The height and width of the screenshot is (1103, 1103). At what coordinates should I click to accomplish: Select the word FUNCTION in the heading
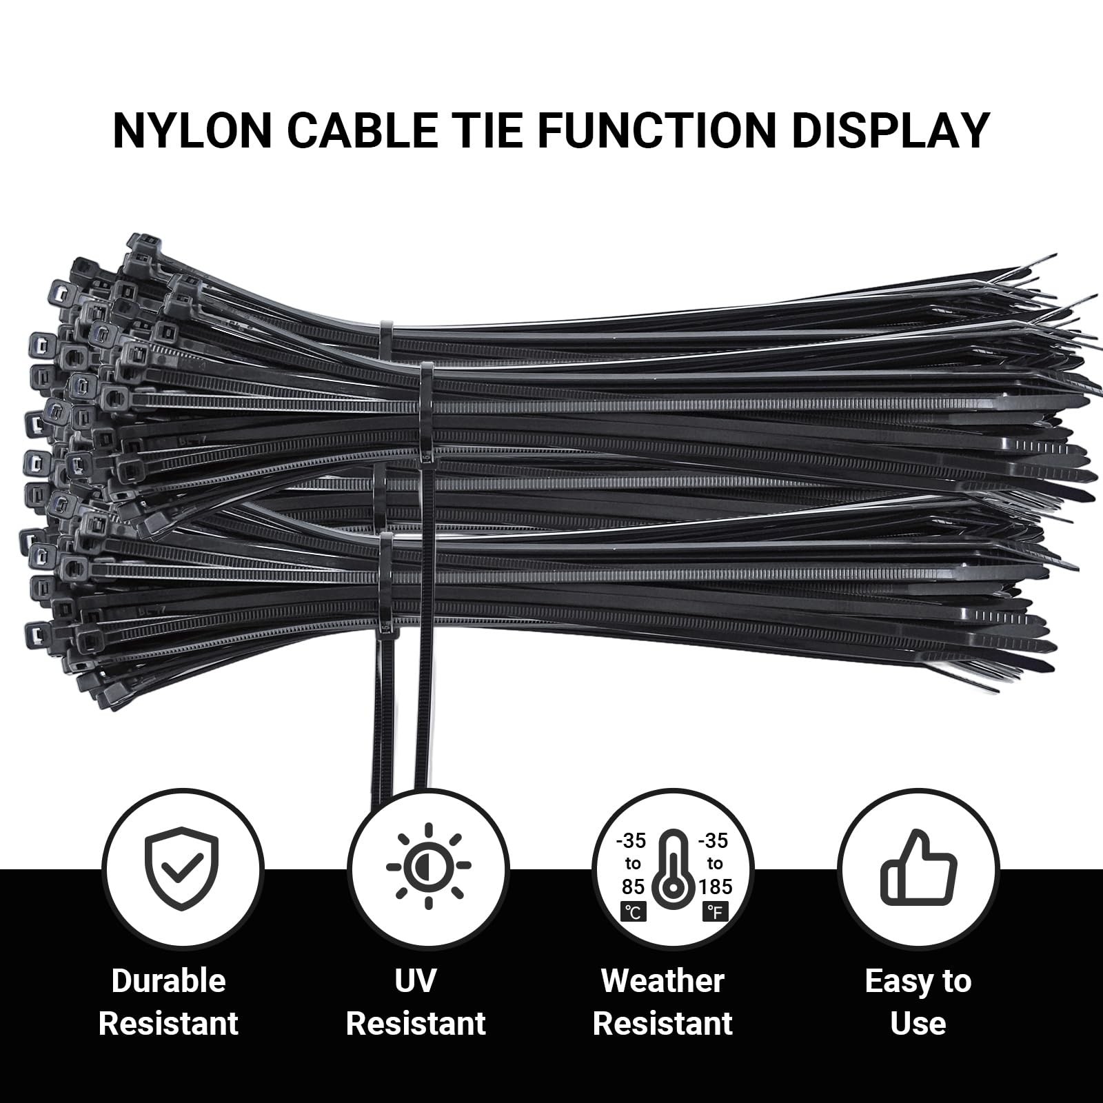coord(658,130)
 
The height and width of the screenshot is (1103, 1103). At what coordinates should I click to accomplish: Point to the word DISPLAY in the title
coord(891,130)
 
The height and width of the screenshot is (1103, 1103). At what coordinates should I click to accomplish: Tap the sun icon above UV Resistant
coord(428,866)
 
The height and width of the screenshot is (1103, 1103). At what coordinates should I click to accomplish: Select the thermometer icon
coord(673,870)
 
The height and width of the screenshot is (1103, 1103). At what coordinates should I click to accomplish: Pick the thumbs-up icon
coord(918,867)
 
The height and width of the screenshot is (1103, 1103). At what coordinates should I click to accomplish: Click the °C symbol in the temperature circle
coord(633,912)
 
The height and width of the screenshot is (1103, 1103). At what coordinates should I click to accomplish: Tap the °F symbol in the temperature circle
coord(715,912)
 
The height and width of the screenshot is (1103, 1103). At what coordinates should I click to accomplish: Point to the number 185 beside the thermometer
coord(715,887)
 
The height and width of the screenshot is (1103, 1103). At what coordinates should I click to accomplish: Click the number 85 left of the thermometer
coord(633,887)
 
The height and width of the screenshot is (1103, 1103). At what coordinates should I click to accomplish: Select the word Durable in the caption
coord(169,981)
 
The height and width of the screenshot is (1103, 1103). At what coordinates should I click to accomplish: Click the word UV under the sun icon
coord(415,981)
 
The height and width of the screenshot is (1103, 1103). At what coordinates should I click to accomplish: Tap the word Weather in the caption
coord(662,981)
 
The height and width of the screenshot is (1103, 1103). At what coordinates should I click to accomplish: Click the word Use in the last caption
coord(918,1024)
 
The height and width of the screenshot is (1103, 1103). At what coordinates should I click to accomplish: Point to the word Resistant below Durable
coord(169,1024)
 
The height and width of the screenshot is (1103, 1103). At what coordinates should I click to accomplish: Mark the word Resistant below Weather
coord(662,1024)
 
